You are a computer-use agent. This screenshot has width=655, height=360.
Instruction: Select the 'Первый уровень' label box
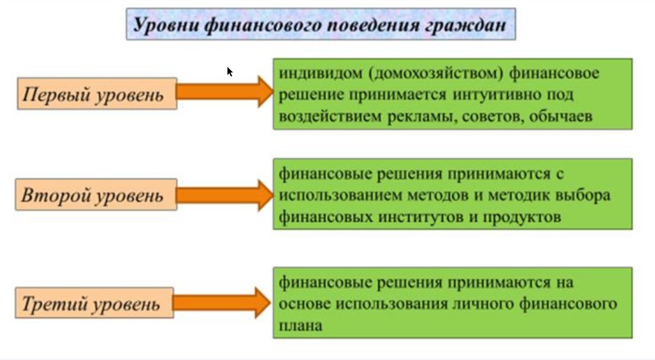(x=97, y=94)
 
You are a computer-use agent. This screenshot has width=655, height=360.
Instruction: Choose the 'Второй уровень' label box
(x=97, y=195)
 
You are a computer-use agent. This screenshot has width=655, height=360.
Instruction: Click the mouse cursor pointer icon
(x=229, y=72)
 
